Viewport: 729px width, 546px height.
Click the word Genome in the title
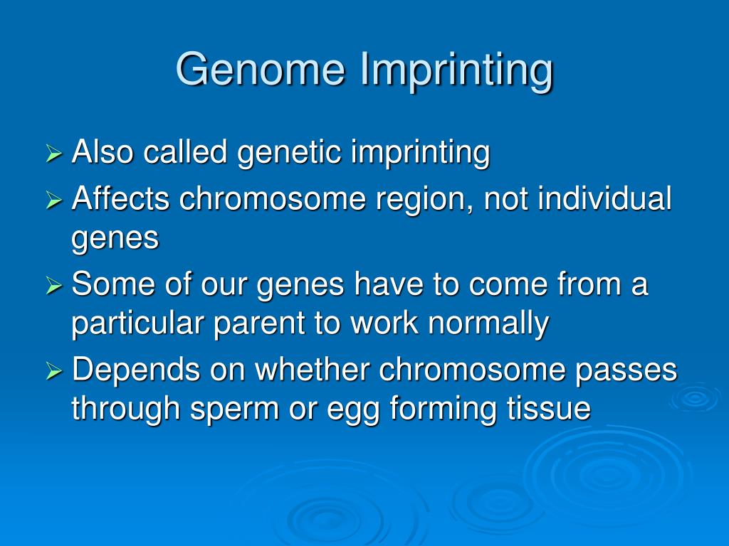pos(261,69)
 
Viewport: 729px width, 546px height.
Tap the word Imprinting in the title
pos(456,70)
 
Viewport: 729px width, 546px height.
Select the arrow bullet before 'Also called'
pos(54,154)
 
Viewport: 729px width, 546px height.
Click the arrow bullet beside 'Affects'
pos(54,200)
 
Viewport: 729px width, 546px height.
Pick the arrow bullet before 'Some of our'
pos(54,286)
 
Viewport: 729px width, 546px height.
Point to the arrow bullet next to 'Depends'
pos(54,371)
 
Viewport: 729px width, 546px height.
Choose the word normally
pos(488,324)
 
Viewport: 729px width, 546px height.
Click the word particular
pos(137,324)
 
